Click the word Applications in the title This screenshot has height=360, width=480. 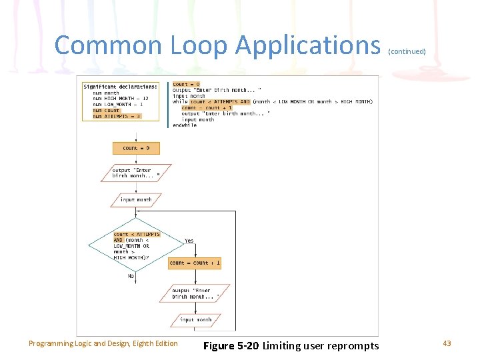tap(307, 45)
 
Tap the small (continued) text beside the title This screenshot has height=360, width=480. tap(406, 51)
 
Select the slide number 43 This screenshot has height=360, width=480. tap(447, 343)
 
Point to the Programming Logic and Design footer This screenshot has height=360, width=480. tap(103, 343)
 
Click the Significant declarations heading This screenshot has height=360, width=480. tap(121, 86)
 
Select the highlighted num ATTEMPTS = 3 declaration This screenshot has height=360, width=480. tap(117, 116)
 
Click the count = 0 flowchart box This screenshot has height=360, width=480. tap(136, 148)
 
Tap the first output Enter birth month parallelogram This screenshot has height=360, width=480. tap(136, 173)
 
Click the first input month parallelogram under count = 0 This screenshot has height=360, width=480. tap(136, 199)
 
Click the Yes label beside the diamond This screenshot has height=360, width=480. tap(189, 241)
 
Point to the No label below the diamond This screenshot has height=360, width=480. tap(131, 275)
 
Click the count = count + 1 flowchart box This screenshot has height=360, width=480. tap(195, 263)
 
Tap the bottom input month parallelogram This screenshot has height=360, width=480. tap(195, 320)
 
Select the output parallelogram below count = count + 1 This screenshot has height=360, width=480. tap(195, 293)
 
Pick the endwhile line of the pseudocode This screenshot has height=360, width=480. tap(185, 125)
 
